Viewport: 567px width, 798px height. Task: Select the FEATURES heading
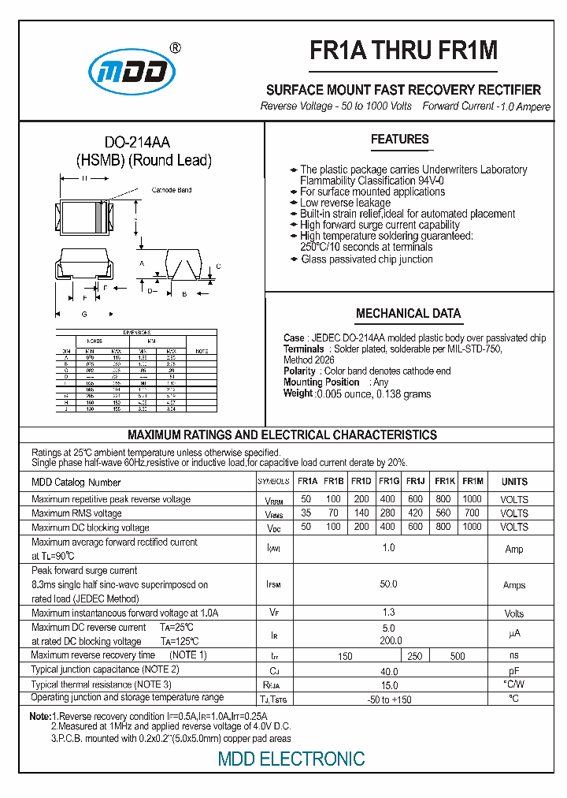(x=400, y=140)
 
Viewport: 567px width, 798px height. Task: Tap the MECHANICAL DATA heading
(x=408, y=313)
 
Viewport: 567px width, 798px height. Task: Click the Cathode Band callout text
(x=172, y=190)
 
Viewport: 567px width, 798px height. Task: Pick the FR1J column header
(x=416, y=482)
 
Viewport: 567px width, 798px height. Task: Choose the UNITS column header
(x=514, y=482)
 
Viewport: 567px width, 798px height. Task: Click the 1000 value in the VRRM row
(x=472, y=499)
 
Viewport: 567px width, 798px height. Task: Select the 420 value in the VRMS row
(x=416, y=513)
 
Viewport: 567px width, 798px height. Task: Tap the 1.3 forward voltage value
(x=388, y=613)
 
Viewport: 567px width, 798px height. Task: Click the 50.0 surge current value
(x=388, y=584)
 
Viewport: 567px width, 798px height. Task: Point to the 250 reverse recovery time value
(x=416, y=656)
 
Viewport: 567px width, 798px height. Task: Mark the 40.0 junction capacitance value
(x=388, y=670)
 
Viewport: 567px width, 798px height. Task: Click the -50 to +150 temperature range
(x=388, y=699)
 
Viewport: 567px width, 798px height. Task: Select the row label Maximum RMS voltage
(x=76, y=513)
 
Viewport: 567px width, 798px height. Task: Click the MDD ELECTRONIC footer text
(x=291, y=759)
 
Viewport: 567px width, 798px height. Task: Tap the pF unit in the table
(x=514, y=670)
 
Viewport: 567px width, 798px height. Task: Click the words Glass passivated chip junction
(x=367, y=259)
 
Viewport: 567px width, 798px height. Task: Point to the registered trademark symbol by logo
(x=175, y=47)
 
